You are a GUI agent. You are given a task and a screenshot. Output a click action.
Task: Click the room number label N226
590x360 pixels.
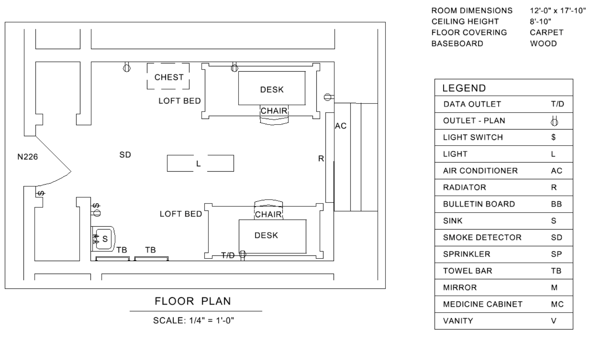point(28,157)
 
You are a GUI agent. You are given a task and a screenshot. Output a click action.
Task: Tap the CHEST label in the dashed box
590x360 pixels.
point(169,77)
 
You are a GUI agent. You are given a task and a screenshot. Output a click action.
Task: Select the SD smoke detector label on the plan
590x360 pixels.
point(125,155)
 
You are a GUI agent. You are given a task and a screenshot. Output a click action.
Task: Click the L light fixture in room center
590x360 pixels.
point(199,164)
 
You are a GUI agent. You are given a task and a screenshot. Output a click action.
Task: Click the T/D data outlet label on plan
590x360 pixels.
point(228,255)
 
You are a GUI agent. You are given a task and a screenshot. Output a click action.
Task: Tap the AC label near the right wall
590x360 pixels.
point(341,126)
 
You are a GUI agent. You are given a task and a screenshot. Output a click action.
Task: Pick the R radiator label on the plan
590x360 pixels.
point(321,159)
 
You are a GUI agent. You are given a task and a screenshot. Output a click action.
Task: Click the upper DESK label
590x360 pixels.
point(272,90)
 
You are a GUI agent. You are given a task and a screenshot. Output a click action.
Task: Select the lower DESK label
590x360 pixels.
point(266,235)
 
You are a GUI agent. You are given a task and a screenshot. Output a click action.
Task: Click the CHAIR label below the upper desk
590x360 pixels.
point(274,111)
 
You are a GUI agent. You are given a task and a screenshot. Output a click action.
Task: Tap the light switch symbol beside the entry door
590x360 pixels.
point(41,193)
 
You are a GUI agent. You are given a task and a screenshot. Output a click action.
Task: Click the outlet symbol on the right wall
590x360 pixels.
point(327,97)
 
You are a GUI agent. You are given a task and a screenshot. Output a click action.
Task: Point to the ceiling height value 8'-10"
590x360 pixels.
point(541,21)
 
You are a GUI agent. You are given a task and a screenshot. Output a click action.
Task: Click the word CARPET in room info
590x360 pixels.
point(547,33)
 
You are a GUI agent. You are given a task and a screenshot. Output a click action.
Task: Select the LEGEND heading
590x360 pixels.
point(464,88)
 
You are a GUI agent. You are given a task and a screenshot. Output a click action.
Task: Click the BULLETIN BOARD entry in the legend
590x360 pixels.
point(479,204)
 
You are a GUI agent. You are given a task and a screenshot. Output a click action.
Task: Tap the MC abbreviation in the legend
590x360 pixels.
point(557,304)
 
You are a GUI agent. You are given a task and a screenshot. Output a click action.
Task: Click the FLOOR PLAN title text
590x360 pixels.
point(193,301)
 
